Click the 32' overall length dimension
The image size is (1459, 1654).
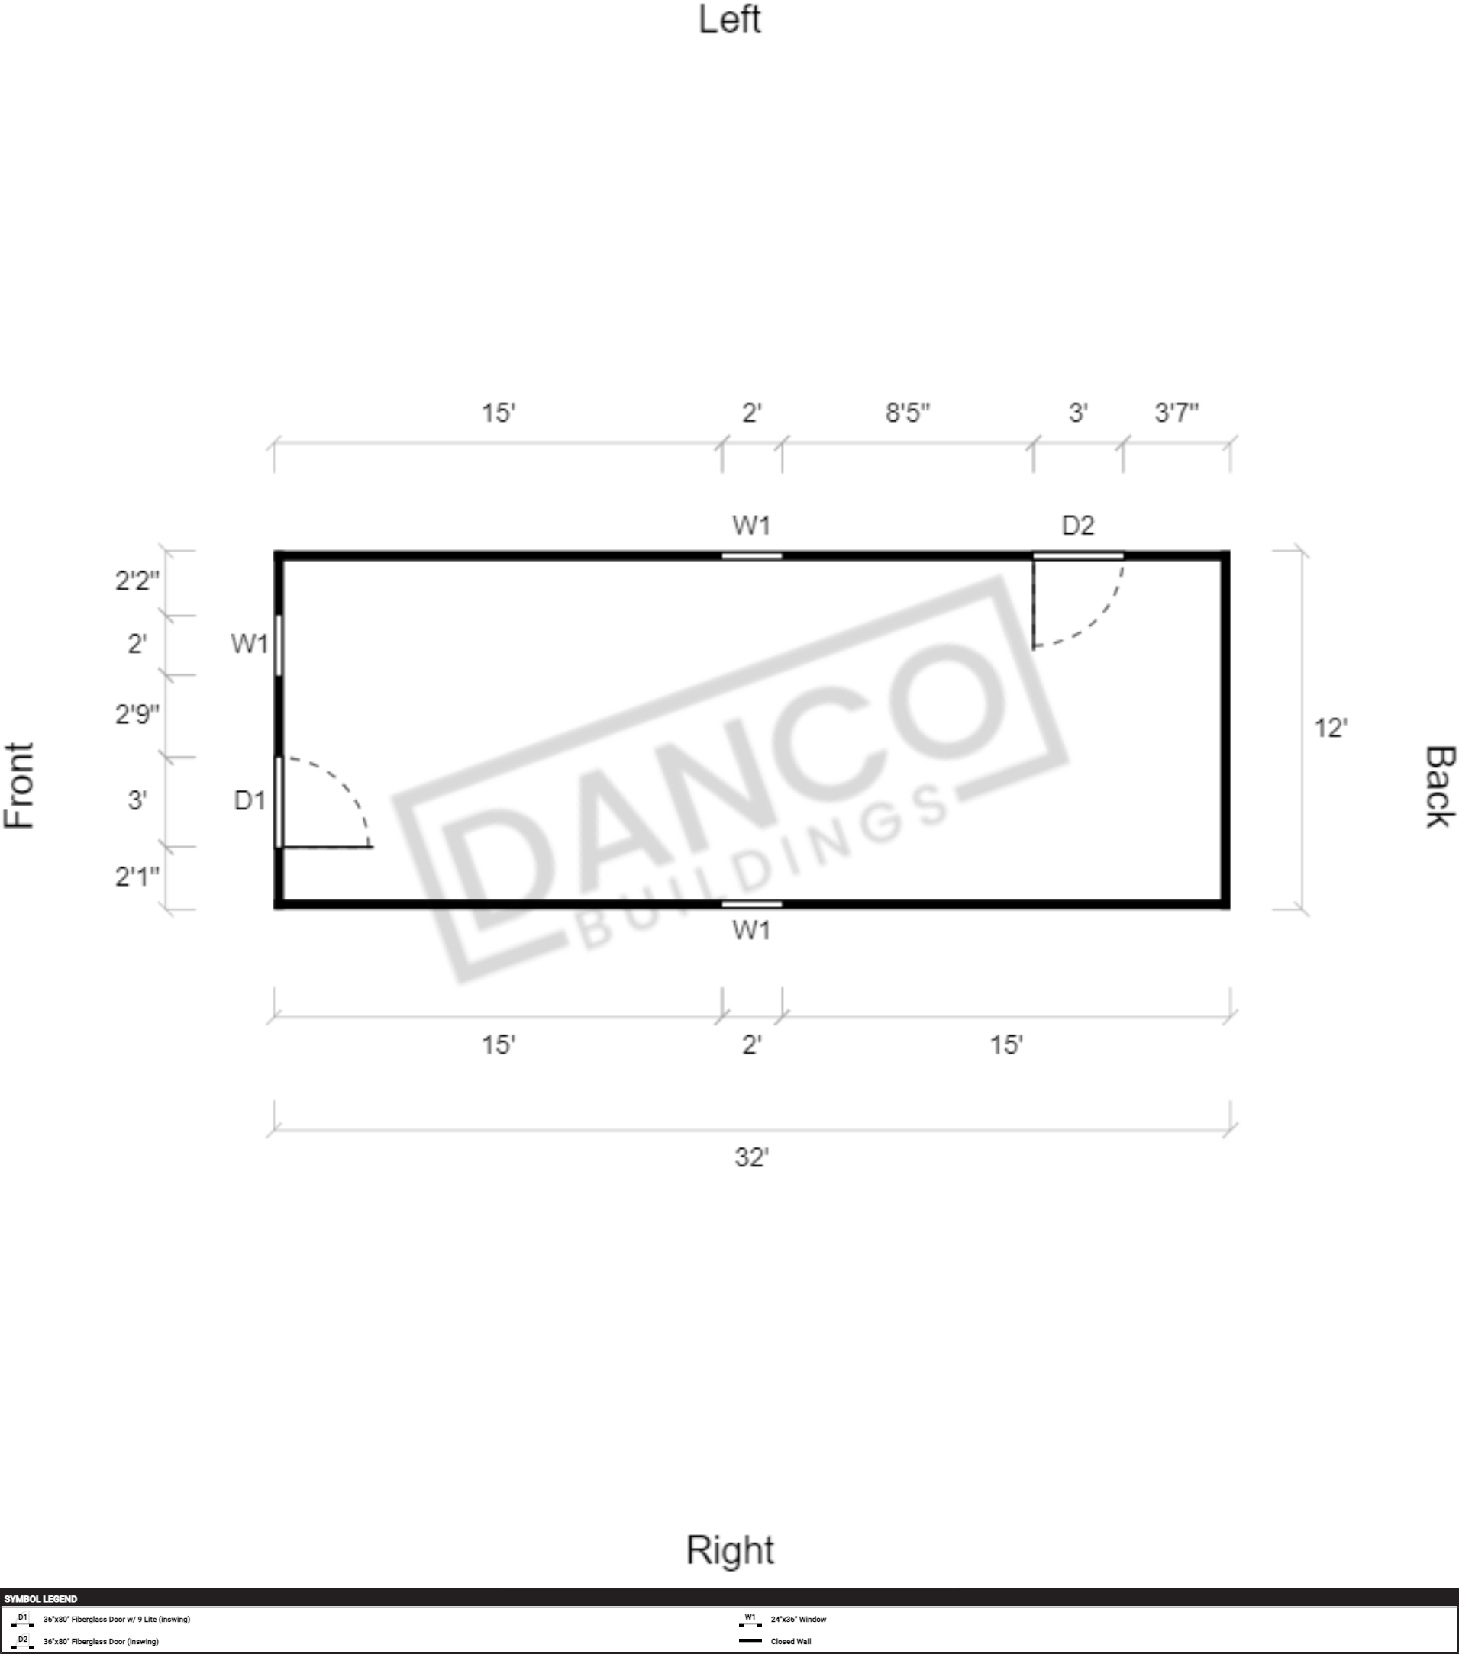click(751, 1158)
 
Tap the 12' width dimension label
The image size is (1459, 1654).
click(1330, 729)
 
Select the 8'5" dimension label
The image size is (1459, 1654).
click(908, 413)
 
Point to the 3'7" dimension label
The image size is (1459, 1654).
click(1177, 413)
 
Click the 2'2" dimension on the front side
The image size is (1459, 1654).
click(137, 581)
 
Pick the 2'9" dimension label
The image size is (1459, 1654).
click(137, 715)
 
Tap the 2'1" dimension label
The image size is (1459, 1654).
click(137, 877)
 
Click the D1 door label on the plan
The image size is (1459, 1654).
click(250, 800)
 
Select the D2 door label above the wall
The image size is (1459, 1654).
click(1078, 526)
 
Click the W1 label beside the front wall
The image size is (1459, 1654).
click(250, 644)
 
